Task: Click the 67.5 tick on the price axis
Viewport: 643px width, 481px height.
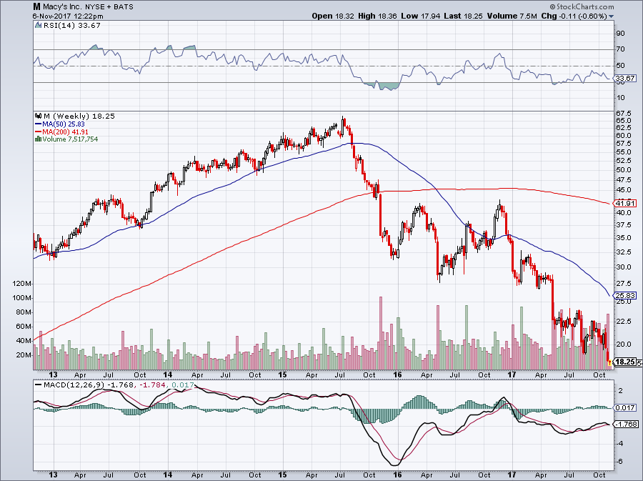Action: tap(624, 113)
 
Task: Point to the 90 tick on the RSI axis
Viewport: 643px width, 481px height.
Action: tap(620, 34)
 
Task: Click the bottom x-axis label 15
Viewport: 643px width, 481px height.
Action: tap(283, 474)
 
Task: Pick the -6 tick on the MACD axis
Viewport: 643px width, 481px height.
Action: tap(620, 461)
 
